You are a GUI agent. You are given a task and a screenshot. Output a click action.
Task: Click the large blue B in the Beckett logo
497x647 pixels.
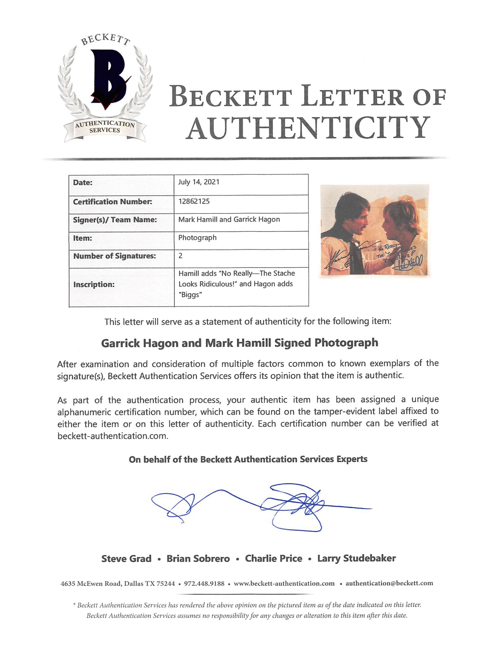[108, 78]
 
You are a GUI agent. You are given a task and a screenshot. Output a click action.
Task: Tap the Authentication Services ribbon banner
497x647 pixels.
[105, 127]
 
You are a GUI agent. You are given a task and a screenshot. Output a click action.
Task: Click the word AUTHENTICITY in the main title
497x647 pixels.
[308, 128]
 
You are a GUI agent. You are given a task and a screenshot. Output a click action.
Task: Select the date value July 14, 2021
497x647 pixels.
[198, 182]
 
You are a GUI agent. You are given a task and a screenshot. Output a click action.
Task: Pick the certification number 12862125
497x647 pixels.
[194, 201]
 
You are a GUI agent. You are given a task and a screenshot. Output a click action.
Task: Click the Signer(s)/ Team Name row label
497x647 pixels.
[115, 220]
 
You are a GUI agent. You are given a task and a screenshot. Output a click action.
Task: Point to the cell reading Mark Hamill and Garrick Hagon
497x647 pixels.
[229, 219]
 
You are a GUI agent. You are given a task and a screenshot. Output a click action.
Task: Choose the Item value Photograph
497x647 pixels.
[197, 238]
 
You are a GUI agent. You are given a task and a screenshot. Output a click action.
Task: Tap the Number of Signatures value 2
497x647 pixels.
[181, 256]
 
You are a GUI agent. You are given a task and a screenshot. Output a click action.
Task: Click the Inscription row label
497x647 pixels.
[94, 284]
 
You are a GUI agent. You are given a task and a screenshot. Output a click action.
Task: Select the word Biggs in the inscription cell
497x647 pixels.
[190, 295]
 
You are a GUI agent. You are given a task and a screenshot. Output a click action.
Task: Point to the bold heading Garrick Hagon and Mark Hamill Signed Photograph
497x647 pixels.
[239, 343]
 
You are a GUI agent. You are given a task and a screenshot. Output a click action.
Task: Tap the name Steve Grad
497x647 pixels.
[126, 559]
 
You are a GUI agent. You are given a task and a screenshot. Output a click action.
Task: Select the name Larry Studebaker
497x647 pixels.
[357, 558]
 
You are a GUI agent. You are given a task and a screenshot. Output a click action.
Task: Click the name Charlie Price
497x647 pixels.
[273, 559]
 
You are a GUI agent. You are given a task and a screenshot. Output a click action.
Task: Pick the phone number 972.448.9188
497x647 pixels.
[204, 583]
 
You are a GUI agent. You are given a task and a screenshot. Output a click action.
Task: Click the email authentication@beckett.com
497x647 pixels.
[389, 583]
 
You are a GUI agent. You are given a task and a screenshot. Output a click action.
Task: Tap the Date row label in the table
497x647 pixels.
[83, 183]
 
